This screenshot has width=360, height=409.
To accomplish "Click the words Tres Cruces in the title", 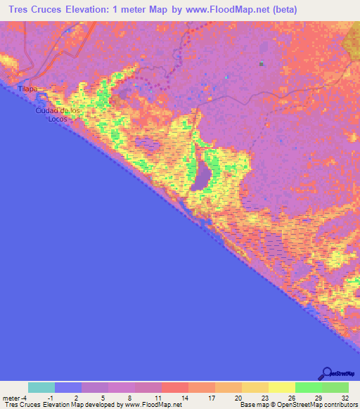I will click(34, 10).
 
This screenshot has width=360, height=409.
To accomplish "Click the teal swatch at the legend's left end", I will click(41, 387).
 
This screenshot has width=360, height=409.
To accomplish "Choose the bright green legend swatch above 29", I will click(309, 387).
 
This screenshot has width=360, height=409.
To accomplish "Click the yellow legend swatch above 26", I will click(282, 387).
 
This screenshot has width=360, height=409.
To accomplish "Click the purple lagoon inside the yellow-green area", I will click(203, 174).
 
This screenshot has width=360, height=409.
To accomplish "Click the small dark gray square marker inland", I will click(261, 64).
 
